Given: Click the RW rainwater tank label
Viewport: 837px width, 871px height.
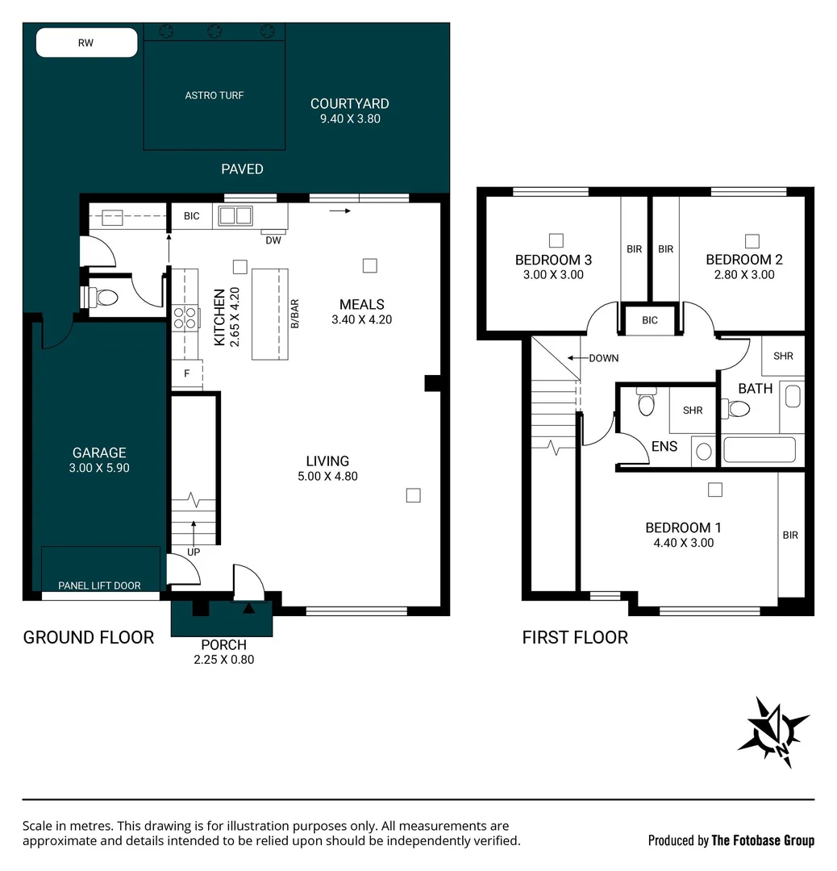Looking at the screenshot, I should pyautogui.click(x=85, y=43).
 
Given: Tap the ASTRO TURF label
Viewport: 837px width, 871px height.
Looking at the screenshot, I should pyautogui.click(x=214, y=95).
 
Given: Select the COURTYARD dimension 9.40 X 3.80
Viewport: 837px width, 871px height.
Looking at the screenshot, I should pyautogui.click(x=349, y=119).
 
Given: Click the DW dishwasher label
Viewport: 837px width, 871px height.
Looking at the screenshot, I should pyautogui.click(x=274, y=240).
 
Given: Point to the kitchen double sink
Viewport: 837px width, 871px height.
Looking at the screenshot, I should pyautogui.click(x=235, y=216).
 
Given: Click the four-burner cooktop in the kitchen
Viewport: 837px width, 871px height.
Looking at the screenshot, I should pyautogui.click(x=185, y=317).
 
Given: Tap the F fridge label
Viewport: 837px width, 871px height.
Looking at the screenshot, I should pyautogui.click(x=187, y=373).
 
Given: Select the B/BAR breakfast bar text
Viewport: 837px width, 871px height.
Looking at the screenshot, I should pyautogui.click(x=295, y=314).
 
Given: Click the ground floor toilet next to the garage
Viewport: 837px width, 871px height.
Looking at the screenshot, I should pyautogui.click(x=102, y=298).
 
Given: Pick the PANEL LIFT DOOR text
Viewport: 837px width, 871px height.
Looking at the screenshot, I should pyautogui.click(x=100, y=586).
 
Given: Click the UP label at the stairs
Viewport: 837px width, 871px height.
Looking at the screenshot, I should pyautogui.click(x=193, y=552).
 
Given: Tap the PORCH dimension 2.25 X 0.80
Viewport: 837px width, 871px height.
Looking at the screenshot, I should pyautogui.click(x=223, y=659).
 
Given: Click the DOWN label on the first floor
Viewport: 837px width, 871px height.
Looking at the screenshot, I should pyautogui.click(x=603, y=358).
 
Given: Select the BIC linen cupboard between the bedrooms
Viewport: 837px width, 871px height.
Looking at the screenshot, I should pyautogui.click(x=650, y=320).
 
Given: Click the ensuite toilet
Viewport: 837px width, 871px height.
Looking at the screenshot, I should pyautogui.click(x=646, y=402).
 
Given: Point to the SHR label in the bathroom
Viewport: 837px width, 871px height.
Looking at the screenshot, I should pyautogui.click(x=783, y=356).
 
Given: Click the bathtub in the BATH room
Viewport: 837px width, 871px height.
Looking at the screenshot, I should pyautogui.click(x=760, y=449).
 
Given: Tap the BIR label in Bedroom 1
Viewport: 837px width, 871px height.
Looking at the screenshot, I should pyautogui.click(x=790, y=535).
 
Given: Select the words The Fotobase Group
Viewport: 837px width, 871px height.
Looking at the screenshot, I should pyautogui.click(x=763, y=840).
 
